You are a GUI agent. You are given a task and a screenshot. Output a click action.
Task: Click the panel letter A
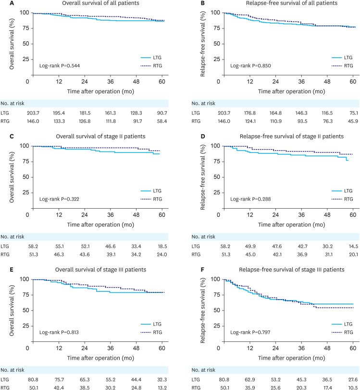[x=3, y=3]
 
